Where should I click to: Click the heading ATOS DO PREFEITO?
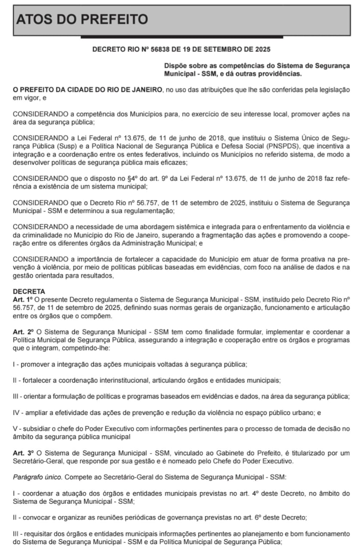point(82,19)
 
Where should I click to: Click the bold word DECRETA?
point(29,291)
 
